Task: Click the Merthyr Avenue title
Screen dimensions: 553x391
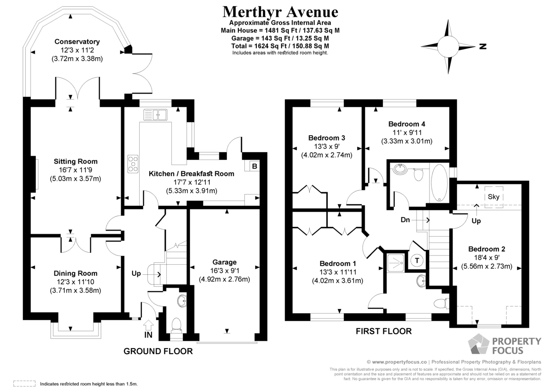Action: click(280, 12)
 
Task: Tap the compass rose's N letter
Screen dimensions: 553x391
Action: click(482, 46)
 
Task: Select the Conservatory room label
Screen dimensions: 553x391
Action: click(77, 41)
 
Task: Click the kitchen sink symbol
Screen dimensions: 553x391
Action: click(155, 115)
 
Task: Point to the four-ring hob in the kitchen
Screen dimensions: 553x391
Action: click(133, 164)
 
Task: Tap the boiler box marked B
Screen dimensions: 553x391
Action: click(254, 166)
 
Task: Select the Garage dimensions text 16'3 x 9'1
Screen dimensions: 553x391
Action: click(225, 271)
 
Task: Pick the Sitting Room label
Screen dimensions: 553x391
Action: click(76, 161)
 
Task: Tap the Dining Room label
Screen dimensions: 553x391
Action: click(76, 273)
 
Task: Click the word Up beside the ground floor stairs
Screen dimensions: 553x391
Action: click(136, 274)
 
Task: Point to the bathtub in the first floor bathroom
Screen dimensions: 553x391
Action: click(439, 183)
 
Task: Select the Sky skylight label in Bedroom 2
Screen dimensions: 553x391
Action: click(494, 197)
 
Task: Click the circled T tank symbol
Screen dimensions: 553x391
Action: click(417, 261)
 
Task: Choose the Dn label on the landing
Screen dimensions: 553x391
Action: click(405, 220)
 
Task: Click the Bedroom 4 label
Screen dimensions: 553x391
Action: click(407, 124)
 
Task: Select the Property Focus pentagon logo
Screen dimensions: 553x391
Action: click(478, 344)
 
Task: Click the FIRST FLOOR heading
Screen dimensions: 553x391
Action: click(383, 331)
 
